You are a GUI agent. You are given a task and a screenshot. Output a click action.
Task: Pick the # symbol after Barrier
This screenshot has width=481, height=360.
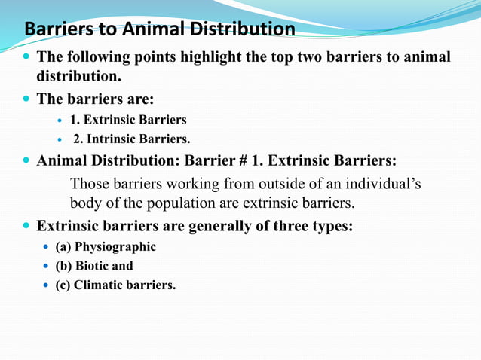click(253, 161)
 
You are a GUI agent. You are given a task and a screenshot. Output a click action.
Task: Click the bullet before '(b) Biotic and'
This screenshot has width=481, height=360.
click(46, 267)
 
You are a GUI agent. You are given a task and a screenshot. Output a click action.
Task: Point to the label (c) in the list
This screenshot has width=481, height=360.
click(63, 285)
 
